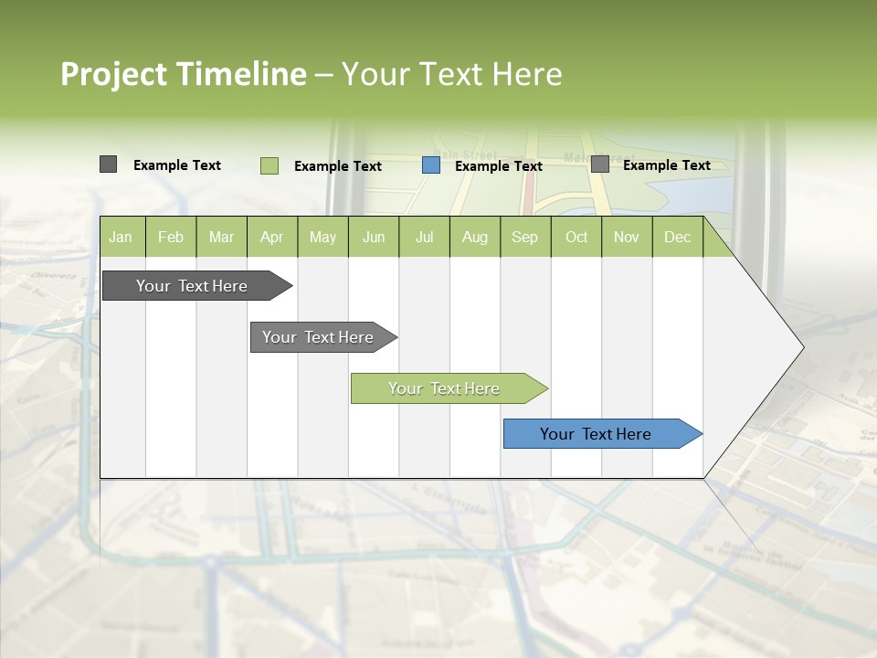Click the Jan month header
tap(122, 237)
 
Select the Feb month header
tap(171, 237)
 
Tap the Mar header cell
tap(221, 237)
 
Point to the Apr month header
tap(271, 237)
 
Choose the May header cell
tap(322, 237)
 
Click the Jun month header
tap(374, 237)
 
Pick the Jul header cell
tap(424, 237)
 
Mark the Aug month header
tap(475, 237)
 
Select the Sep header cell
tap(525, 237)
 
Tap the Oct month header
tap(576, 237)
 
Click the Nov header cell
tap(627, 237)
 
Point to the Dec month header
tap(678, 237)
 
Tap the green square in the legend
tap(269, 165)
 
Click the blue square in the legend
tap(431, 165)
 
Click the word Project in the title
tap(114, 74)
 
